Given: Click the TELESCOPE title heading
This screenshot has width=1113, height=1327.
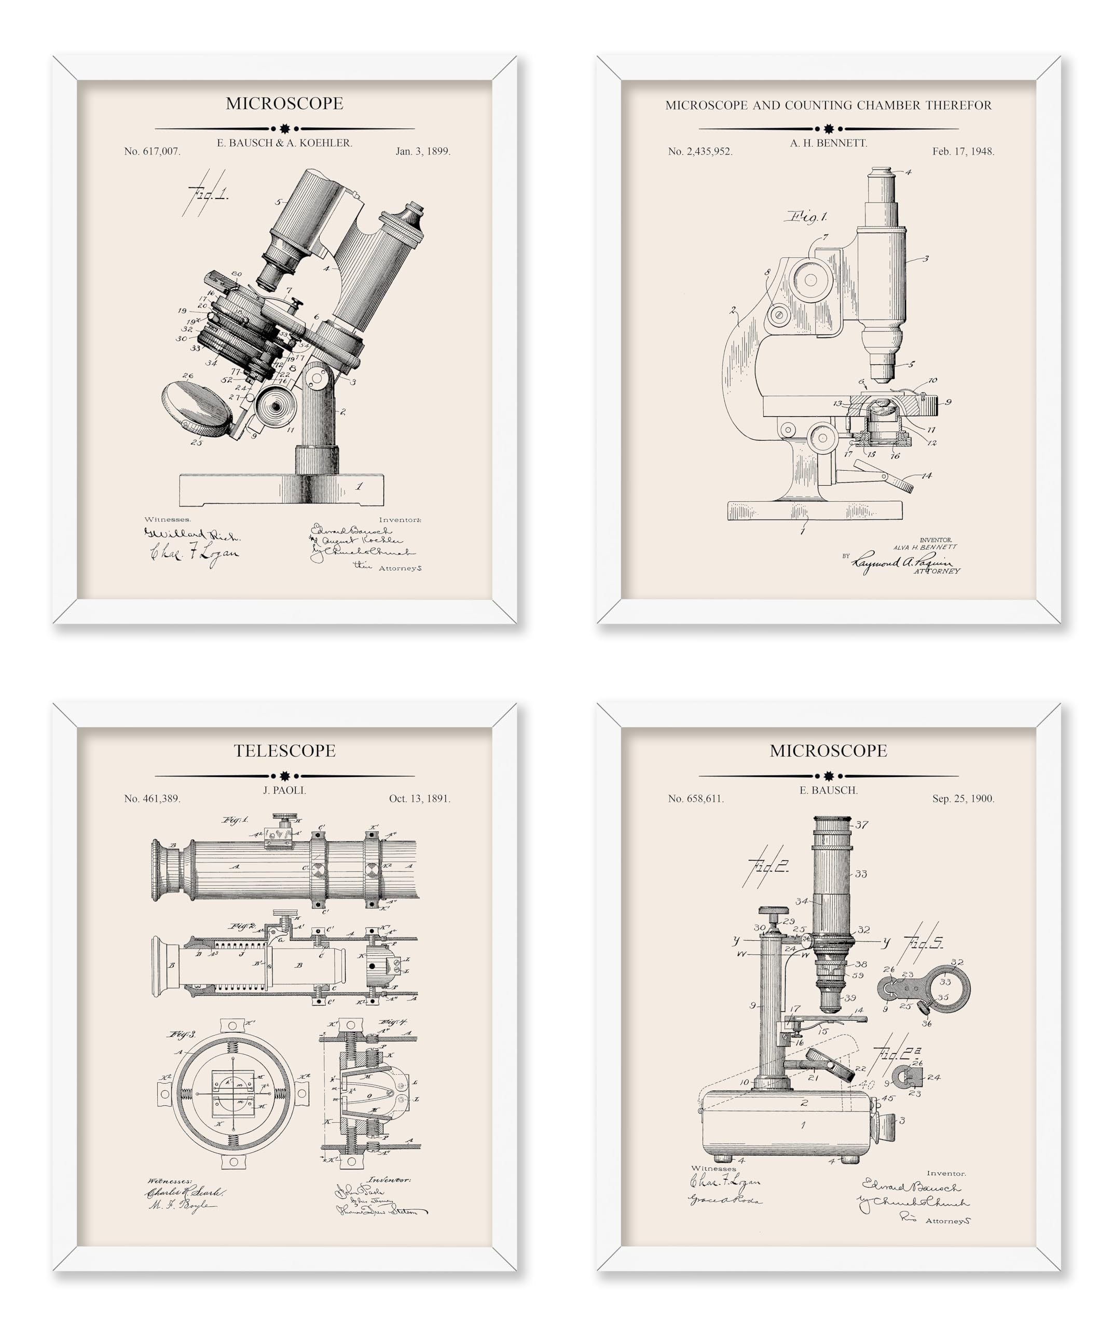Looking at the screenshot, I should [x=284, y=751].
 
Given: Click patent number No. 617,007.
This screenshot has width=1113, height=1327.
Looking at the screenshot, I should [x=152, y=152].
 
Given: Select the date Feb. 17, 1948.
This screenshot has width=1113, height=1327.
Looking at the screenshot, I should [x=963, y=152].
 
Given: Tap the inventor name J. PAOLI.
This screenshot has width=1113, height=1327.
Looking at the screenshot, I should [x=284, y=790].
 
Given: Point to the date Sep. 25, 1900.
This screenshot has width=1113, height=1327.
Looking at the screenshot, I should [x=963, y=799].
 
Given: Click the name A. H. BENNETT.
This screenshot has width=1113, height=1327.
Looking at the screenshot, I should [x=829, y=144].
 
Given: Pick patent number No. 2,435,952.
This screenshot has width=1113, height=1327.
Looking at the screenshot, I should [x=700, y=152].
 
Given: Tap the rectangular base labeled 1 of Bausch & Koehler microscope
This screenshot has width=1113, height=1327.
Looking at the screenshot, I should [x=281, y=490].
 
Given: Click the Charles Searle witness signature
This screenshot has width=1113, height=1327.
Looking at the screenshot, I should [x=185, y=1192].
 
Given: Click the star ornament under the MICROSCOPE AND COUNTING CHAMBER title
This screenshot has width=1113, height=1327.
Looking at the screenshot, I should [x=829, y=129].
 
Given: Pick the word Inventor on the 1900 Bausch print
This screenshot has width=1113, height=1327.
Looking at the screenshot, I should [x=945, y=1174].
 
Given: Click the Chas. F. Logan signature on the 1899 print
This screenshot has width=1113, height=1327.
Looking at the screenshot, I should [x=195, y=554].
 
